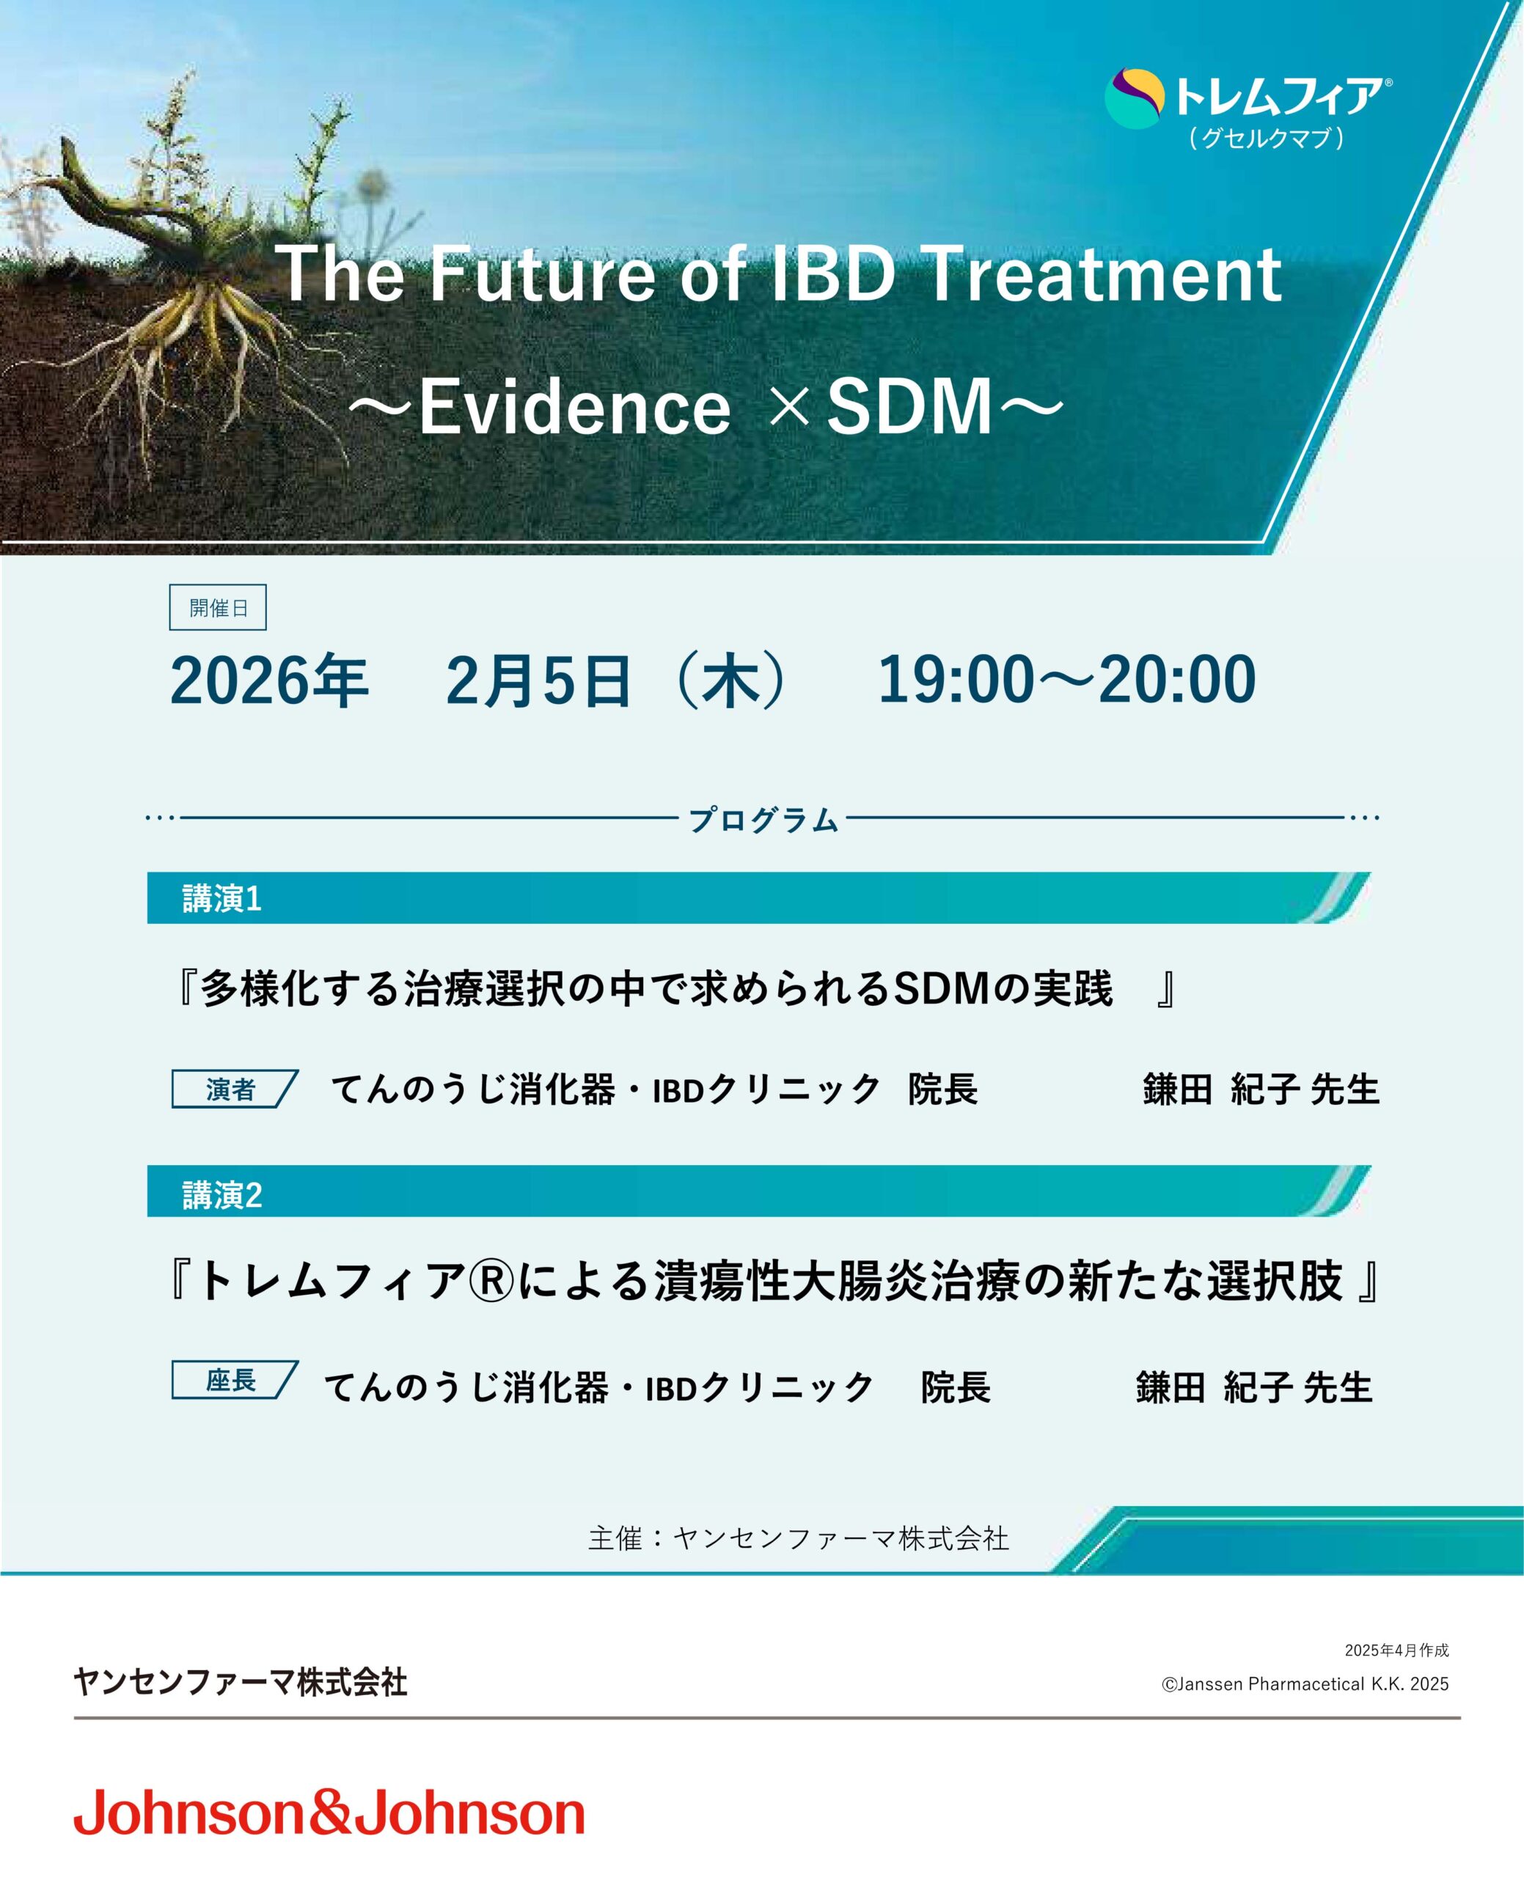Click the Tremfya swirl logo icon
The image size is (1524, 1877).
(1135, 98)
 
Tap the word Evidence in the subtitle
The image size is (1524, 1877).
(574, 407)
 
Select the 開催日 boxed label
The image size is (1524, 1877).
(218, 607)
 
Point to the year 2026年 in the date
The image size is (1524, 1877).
(269, 681)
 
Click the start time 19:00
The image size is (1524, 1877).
(957, 680)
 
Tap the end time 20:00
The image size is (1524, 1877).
(1177, 680)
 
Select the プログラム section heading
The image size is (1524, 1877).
(763, 820)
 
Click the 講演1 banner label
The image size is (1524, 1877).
(222, 899)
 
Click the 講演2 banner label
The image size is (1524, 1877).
(222, 1195)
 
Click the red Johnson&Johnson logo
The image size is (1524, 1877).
(329, 1813)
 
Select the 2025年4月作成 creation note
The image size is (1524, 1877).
(1396, 1650)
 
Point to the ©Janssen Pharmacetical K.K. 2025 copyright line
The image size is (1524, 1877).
(1305, 1684)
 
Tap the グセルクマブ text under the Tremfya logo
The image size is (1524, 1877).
(1267, 138)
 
